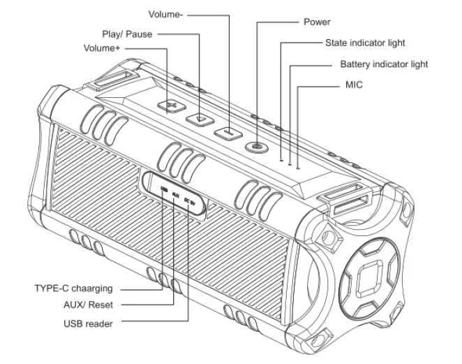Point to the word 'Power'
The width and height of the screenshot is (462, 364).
[x=317, y=22]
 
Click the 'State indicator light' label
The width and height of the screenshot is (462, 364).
[x=365, y=43]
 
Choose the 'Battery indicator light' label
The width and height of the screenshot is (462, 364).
[x=384, y=64]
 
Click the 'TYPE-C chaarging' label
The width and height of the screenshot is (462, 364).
[x=73, y=288]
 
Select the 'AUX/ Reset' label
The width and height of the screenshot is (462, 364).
[x=87, y=305]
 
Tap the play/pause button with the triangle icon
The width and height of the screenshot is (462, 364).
[x=200, y=118]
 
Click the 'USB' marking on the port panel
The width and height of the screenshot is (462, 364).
[x=163, y=189]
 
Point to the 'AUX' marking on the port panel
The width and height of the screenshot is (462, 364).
[x=175, y=195]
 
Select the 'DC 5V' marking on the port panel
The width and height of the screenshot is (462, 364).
[x=190, y=202]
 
